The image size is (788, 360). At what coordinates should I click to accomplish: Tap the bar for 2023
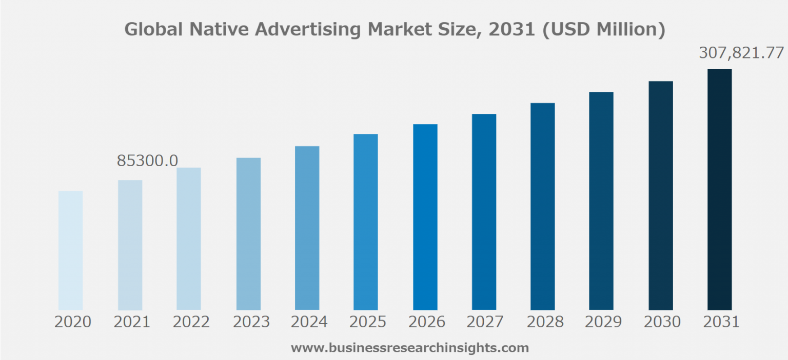tap(248, 234)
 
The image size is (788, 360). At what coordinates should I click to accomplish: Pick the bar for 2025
tap(365, 222)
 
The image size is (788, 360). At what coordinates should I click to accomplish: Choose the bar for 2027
tap(484, 212)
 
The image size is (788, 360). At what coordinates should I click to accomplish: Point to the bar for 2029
tap(601, 201)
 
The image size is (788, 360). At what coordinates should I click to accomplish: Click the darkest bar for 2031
tap(719, 190)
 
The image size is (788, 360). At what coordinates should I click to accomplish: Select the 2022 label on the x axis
tap(191, 322)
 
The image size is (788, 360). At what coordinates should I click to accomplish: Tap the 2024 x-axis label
tap(309, 322)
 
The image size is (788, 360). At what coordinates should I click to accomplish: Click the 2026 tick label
tap(427, 322)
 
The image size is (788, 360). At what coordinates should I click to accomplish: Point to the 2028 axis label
tap(545, 322)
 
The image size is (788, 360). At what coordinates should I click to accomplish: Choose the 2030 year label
tap(662, 322)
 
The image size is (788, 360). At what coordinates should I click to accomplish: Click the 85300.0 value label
tap(148, 161)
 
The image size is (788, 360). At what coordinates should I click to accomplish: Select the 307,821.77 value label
tap(741, 53)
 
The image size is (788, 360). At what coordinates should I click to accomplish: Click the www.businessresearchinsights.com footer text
tap(409, 348)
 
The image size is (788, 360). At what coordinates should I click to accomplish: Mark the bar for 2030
tap(660, 195)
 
